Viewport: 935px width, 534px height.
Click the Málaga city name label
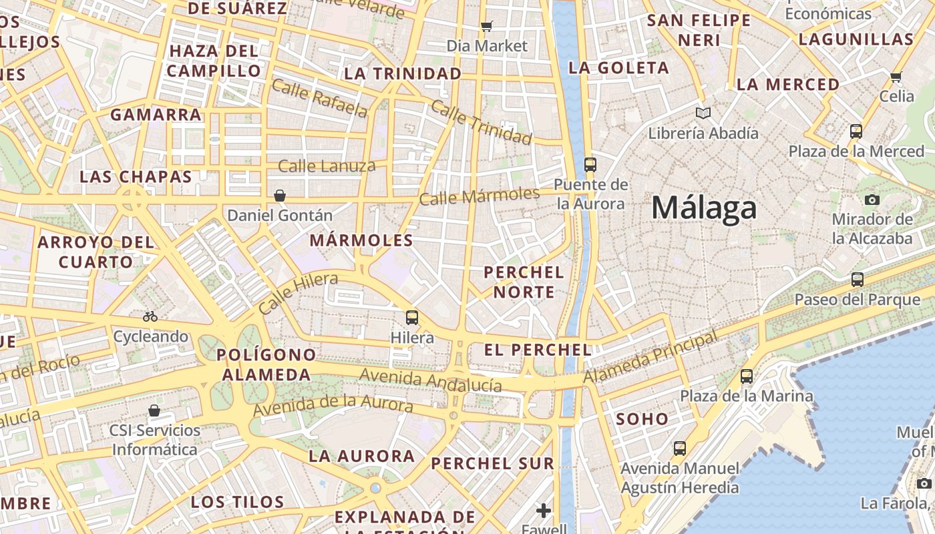[x=704, y=208]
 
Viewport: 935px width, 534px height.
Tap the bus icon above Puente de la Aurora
[x=590, y=164]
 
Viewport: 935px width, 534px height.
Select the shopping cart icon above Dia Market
[x=487, y=27]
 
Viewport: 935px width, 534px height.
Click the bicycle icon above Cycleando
[x=150, y=316]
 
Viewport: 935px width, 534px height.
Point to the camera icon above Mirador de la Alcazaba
[x=872, y=200]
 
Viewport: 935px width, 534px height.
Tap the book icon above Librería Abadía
[x=703, y=113]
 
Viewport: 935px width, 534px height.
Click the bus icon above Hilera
[x=412, y=317]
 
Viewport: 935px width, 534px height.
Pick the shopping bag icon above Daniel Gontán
[x=280, y=196]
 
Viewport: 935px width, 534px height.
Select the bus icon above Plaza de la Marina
[x=747, y=376]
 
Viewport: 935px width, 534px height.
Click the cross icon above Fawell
[x=544, y=511]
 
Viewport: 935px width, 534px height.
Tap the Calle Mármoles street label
[x=479, y=196]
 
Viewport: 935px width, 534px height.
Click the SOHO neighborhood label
[x=642, y=419]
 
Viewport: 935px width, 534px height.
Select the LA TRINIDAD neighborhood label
[x=403, y=73]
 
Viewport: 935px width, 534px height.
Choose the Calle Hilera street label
[x=298, y=294]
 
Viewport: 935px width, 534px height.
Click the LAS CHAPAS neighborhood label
[x=136, y=177]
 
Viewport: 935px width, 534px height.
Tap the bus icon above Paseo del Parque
[x=858, y=280]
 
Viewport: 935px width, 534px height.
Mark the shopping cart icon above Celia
[x=896, y=77]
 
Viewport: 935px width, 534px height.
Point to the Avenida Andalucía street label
[x=430, y=380]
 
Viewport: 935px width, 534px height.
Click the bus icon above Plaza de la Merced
[x=856, y=131]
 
